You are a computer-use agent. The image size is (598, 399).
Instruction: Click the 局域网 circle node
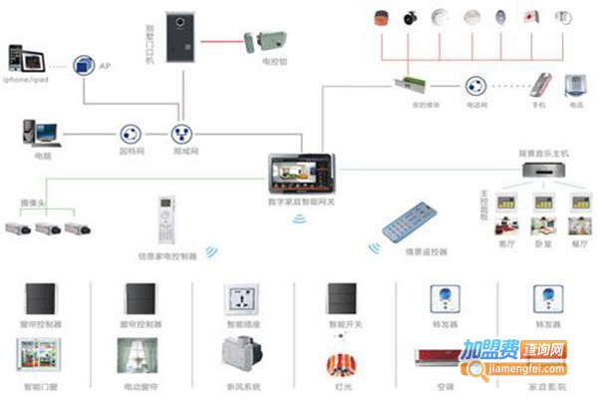[182, 134]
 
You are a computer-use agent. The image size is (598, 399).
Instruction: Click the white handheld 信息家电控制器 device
[164, 223]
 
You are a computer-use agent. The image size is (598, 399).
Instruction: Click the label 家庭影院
[546, 385]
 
